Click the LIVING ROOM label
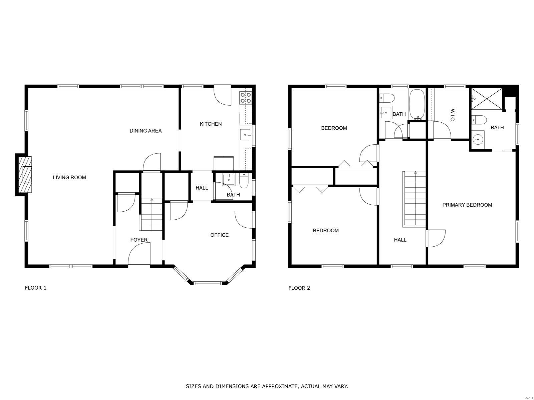[x=69, y=178]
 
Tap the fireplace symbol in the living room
[x=25, y=175]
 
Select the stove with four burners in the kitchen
[x=246, y=98]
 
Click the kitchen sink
[x=245, y=135]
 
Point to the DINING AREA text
[x=146, y=131]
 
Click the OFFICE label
[x=219, y=235]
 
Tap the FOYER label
[x=139, y=240]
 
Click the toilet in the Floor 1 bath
[x=244, y=181]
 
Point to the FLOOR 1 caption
[x=35, y=288]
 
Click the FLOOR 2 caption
[x=299, y=288]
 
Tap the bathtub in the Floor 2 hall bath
[x=417, y=105]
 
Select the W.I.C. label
[x=452, y=115]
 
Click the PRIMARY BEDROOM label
[x=467, y=205]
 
